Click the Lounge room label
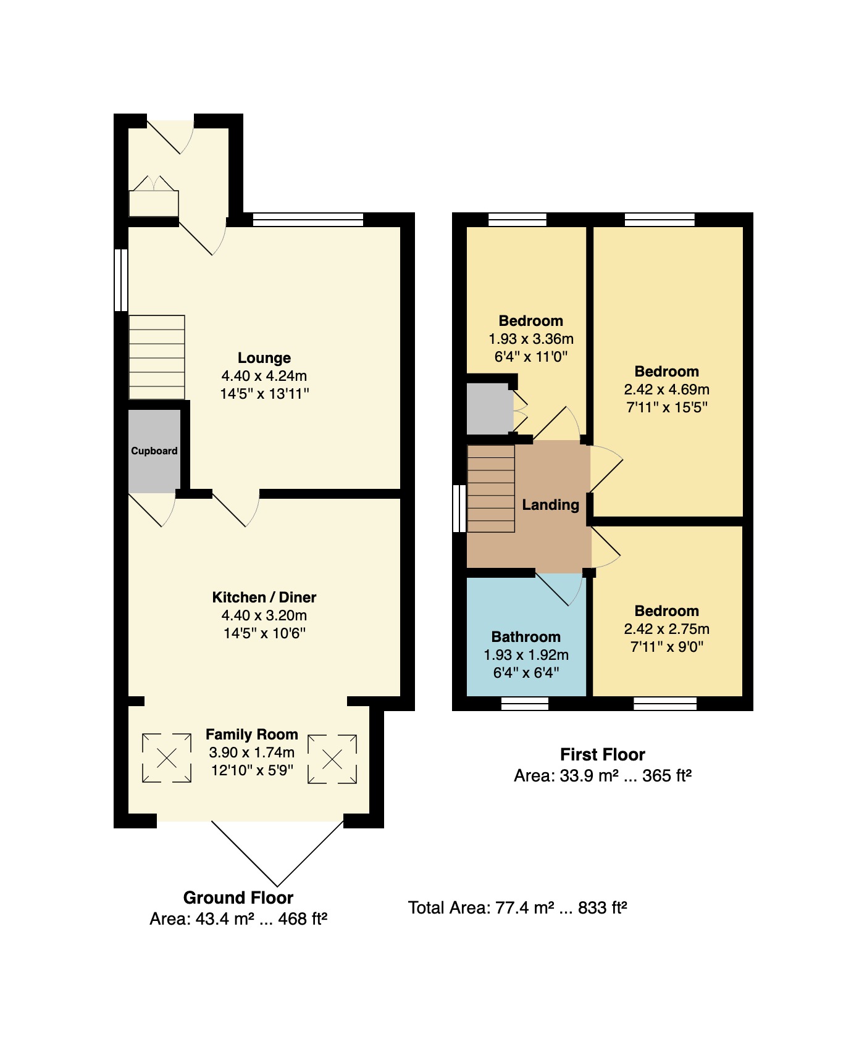264,358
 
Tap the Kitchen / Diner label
264,598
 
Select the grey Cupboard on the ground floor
154,451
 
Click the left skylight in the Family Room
167,758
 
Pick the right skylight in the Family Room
332,759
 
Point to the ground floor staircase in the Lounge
157,357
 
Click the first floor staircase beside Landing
491,488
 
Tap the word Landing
551,505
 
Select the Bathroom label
526,637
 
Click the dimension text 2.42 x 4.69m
667,389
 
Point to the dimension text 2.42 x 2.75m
667,629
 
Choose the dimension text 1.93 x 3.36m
531,339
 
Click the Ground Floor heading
238,897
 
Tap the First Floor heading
603,754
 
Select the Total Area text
517,908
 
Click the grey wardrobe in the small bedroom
490,409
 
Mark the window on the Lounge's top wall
308,220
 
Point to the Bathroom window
524,704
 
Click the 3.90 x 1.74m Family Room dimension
252,752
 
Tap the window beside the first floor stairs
459,509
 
